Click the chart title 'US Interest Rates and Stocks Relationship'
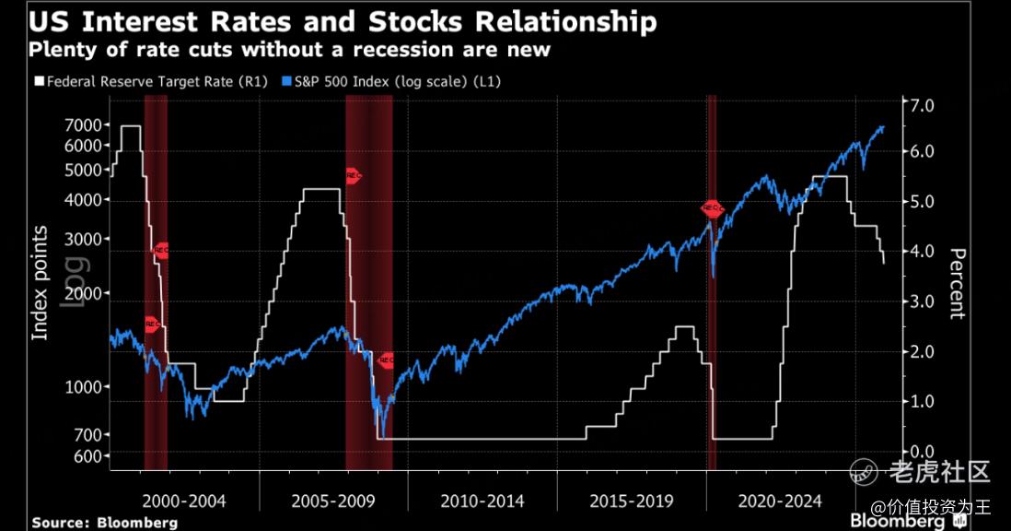(343, 21)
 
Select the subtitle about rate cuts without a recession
(289, 49)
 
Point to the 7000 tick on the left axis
(84, 125)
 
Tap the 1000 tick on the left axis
(84, 387)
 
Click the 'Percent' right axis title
(957, 284)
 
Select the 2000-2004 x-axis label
(184, 501)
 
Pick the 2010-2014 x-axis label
(482, 501)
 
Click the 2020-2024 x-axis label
(780, 501)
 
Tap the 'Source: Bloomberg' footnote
(104, 522)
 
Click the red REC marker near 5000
(353, 175)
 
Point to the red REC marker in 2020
(712, 208)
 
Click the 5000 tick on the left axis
(84, 170)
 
